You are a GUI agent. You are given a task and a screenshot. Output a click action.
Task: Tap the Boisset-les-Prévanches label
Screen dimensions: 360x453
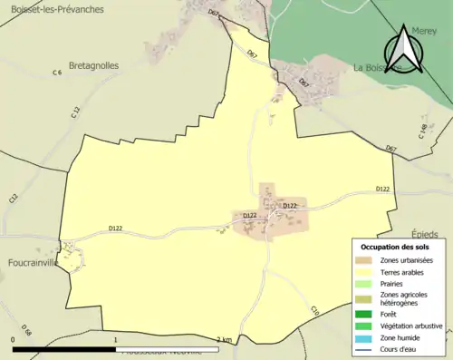tap(53, 9)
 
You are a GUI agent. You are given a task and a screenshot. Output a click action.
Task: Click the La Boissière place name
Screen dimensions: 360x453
tap(378, 67)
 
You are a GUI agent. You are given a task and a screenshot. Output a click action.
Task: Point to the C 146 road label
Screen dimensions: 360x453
tap(422, 131)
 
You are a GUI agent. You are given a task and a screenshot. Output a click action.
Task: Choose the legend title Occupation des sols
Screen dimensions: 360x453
tap(397, 247)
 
